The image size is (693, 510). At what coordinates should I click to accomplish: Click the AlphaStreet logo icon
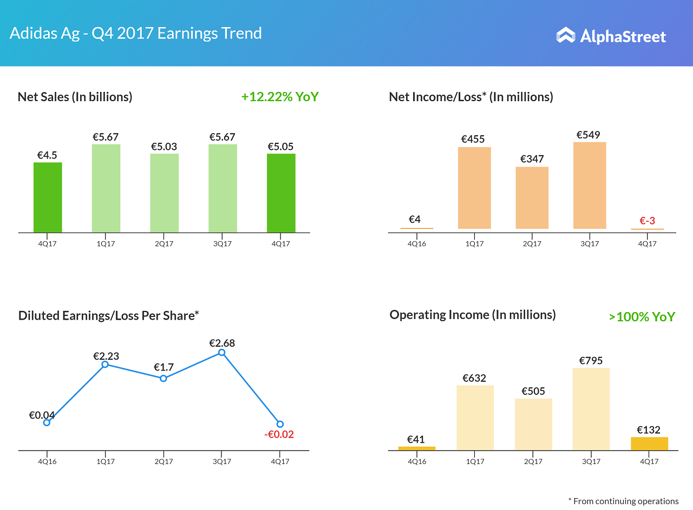pyautogui.click(x=566, y=35)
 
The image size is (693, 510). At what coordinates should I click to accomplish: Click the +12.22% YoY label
pyautogui.click(x=280, y=97)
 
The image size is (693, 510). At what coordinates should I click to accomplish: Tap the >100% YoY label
pyautogui.click(x=642, y=316)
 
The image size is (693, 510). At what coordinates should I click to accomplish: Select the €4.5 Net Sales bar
pyautogui.click(x=48, y=197)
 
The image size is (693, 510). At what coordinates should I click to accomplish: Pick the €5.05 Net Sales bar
pyautogui.click(x=281, y=193)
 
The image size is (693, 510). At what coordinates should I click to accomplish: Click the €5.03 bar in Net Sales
pyautogui.click(x=165, y=193)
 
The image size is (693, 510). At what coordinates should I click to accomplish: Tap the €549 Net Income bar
pyautogui.click(x=590, y=186)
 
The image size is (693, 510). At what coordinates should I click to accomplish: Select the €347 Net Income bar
pyautogui.click(x=532, y=198)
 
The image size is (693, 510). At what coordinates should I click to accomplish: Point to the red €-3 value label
pyautogui.click(x=648, y=221)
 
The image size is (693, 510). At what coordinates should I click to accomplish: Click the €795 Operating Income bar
pyautogui.click(x=591, y=409)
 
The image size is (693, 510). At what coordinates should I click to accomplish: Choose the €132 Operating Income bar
pyautogui.click(x=649, y=443)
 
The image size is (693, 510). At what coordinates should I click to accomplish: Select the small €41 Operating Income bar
pyautogui.click(x=416, y=448)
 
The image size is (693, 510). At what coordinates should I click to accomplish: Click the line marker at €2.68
pyautogui.click(x=221, y=353)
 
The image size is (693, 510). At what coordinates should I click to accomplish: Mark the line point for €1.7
pyautogui.click(x=164, y=379)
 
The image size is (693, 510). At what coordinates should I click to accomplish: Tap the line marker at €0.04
pyautogui.click(x=47, y=422)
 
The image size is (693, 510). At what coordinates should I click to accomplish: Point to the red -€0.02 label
pyautogui.click(x=279, y=434)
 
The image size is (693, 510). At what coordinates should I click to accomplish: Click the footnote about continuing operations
pyautogui.click(x=623, y=501)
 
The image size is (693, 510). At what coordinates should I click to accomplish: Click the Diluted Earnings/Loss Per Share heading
pyautogui.click(x=109, y=315)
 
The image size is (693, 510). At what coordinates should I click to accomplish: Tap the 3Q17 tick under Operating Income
pyautogui.click(x=591, y=461)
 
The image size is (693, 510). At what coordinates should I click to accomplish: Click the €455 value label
pyautogui.click(x=473, y=139)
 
